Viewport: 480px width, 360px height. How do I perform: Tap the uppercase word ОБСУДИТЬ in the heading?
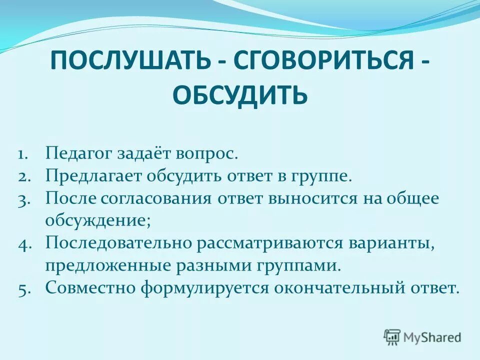240,95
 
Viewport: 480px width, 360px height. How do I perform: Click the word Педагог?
79,153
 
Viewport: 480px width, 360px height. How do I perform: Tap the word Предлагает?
94,175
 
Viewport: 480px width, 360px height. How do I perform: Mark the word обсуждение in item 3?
97,220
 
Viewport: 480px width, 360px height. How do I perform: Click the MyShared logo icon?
392,337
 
